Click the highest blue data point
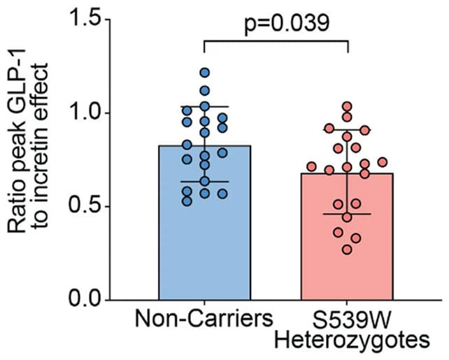pyautogui.click(x=204, y=72)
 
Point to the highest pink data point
pyautogui.click(x=347, y=106)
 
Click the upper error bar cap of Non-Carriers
pyautogui.click(x=204, y=106)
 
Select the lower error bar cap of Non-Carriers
pyautogui.click(x=204, y=181)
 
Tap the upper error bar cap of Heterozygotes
pyautogui.click(x=347, y=129)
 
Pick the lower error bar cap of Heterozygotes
pyautogui.click(x=347, y=214)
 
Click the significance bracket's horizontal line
pyautogui.click(x=276, y=40)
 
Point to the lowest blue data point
pyautogui.click(x=187, y=201)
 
